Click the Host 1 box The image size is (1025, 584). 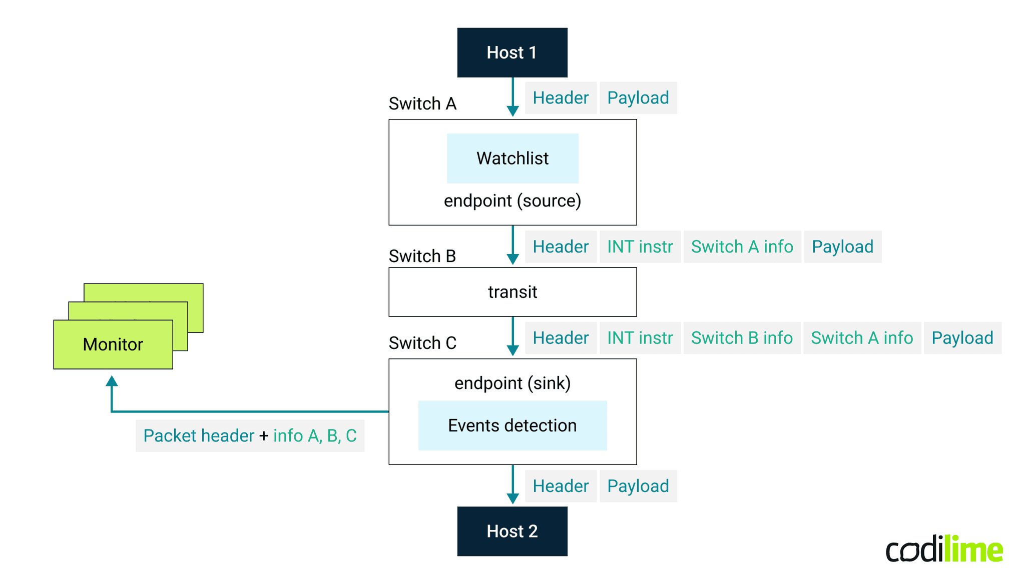click(x=512, y=52)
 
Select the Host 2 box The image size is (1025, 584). click(x=512, y=531)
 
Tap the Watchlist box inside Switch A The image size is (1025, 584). click(x=512, y=158)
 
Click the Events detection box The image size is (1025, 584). click(x=512, y=425)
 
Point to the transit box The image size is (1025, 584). click(x=512, y=292)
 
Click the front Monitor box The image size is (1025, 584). click(x=113, y=344)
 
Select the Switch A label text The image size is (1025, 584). click(x=422, y=103)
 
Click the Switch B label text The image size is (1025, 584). click(x=422, y=256)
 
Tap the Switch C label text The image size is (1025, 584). click(x=422, y=343)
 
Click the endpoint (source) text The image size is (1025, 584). click(x=512, y=200)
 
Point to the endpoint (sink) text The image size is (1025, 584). click(x=512, y=383)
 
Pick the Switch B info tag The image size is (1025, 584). click(x=742, y=338)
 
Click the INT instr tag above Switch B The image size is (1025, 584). click(x=640, y=246)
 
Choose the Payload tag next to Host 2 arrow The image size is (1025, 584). click(x=638, y=486)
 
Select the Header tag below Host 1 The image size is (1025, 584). click(x=561, y=98)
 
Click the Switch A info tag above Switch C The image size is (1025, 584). click(x=862, y=338)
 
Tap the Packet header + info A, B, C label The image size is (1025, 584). click(x=250, y=436)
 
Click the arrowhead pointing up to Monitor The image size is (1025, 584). click(x=112, y=381)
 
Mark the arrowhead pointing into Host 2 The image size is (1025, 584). click(x=512, y=498)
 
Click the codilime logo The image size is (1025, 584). click(x=944, y=549)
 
